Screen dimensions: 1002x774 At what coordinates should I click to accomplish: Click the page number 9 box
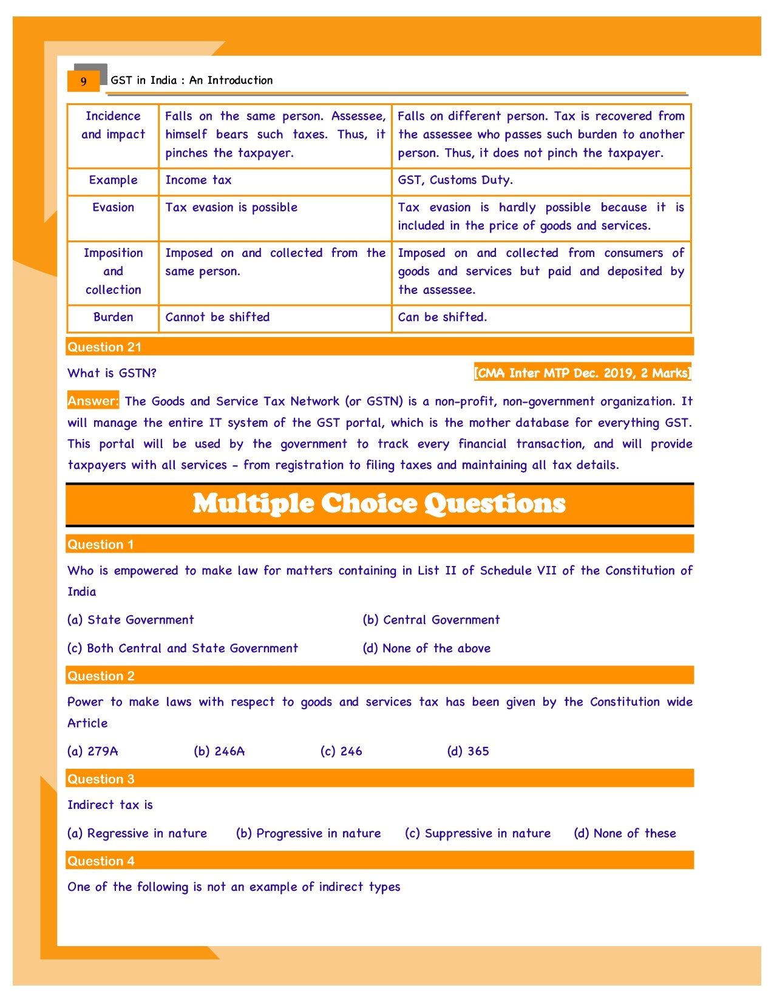coord(84,81)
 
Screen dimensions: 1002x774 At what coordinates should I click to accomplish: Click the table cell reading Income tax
coord(199,180)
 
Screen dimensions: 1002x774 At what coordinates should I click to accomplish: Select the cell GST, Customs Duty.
coord(455,180)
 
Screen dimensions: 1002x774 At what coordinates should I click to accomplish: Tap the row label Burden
coord(114,317)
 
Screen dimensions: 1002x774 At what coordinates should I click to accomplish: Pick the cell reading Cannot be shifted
coord(217,317)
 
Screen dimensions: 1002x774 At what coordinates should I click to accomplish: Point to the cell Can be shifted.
coord(442,317)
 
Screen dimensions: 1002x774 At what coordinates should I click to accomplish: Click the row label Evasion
coord(114,208)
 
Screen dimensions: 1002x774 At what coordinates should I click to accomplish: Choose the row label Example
coord(114,180)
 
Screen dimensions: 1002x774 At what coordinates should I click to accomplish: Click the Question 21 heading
coord(104,347)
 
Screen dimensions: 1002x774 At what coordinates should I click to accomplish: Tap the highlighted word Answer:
coord(93,401)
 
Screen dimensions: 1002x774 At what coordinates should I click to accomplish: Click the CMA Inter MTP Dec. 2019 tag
coord(582,373)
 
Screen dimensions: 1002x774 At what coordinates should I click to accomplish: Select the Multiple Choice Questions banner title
coord(379,504)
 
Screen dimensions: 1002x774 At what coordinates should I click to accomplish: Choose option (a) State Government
coord(131,620)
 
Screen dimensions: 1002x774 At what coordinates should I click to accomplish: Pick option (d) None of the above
coord(427,649)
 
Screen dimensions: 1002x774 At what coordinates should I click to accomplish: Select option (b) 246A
coord(219,751)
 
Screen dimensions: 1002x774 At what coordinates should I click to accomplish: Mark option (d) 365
coord(468,751)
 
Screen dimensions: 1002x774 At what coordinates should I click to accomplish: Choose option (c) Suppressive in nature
coord(478,834)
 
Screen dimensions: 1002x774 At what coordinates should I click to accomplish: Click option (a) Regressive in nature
coord(137,834)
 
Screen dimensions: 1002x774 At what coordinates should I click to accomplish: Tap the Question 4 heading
coord(101,861)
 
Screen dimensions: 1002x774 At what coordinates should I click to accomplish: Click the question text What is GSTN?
coord(112,373)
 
